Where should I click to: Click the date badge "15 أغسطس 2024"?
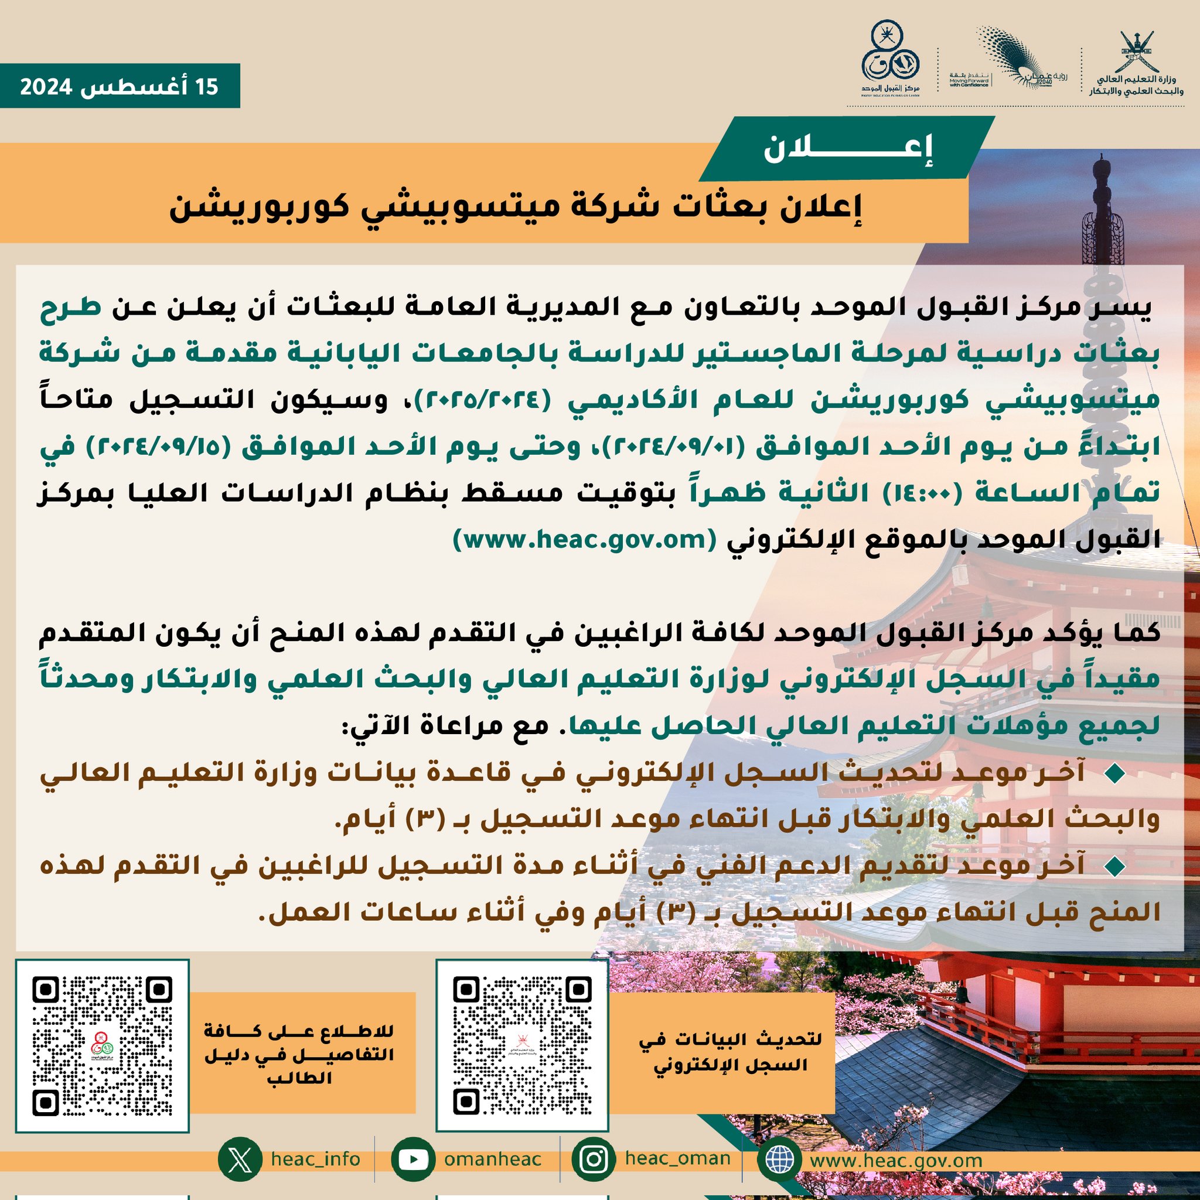(120, 86)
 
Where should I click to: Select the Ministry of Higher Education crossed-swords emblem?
(1136, 52)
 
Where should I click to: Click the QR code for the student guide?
(102, 1046)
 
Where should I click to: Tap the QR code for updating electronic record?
(521, 1046)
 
